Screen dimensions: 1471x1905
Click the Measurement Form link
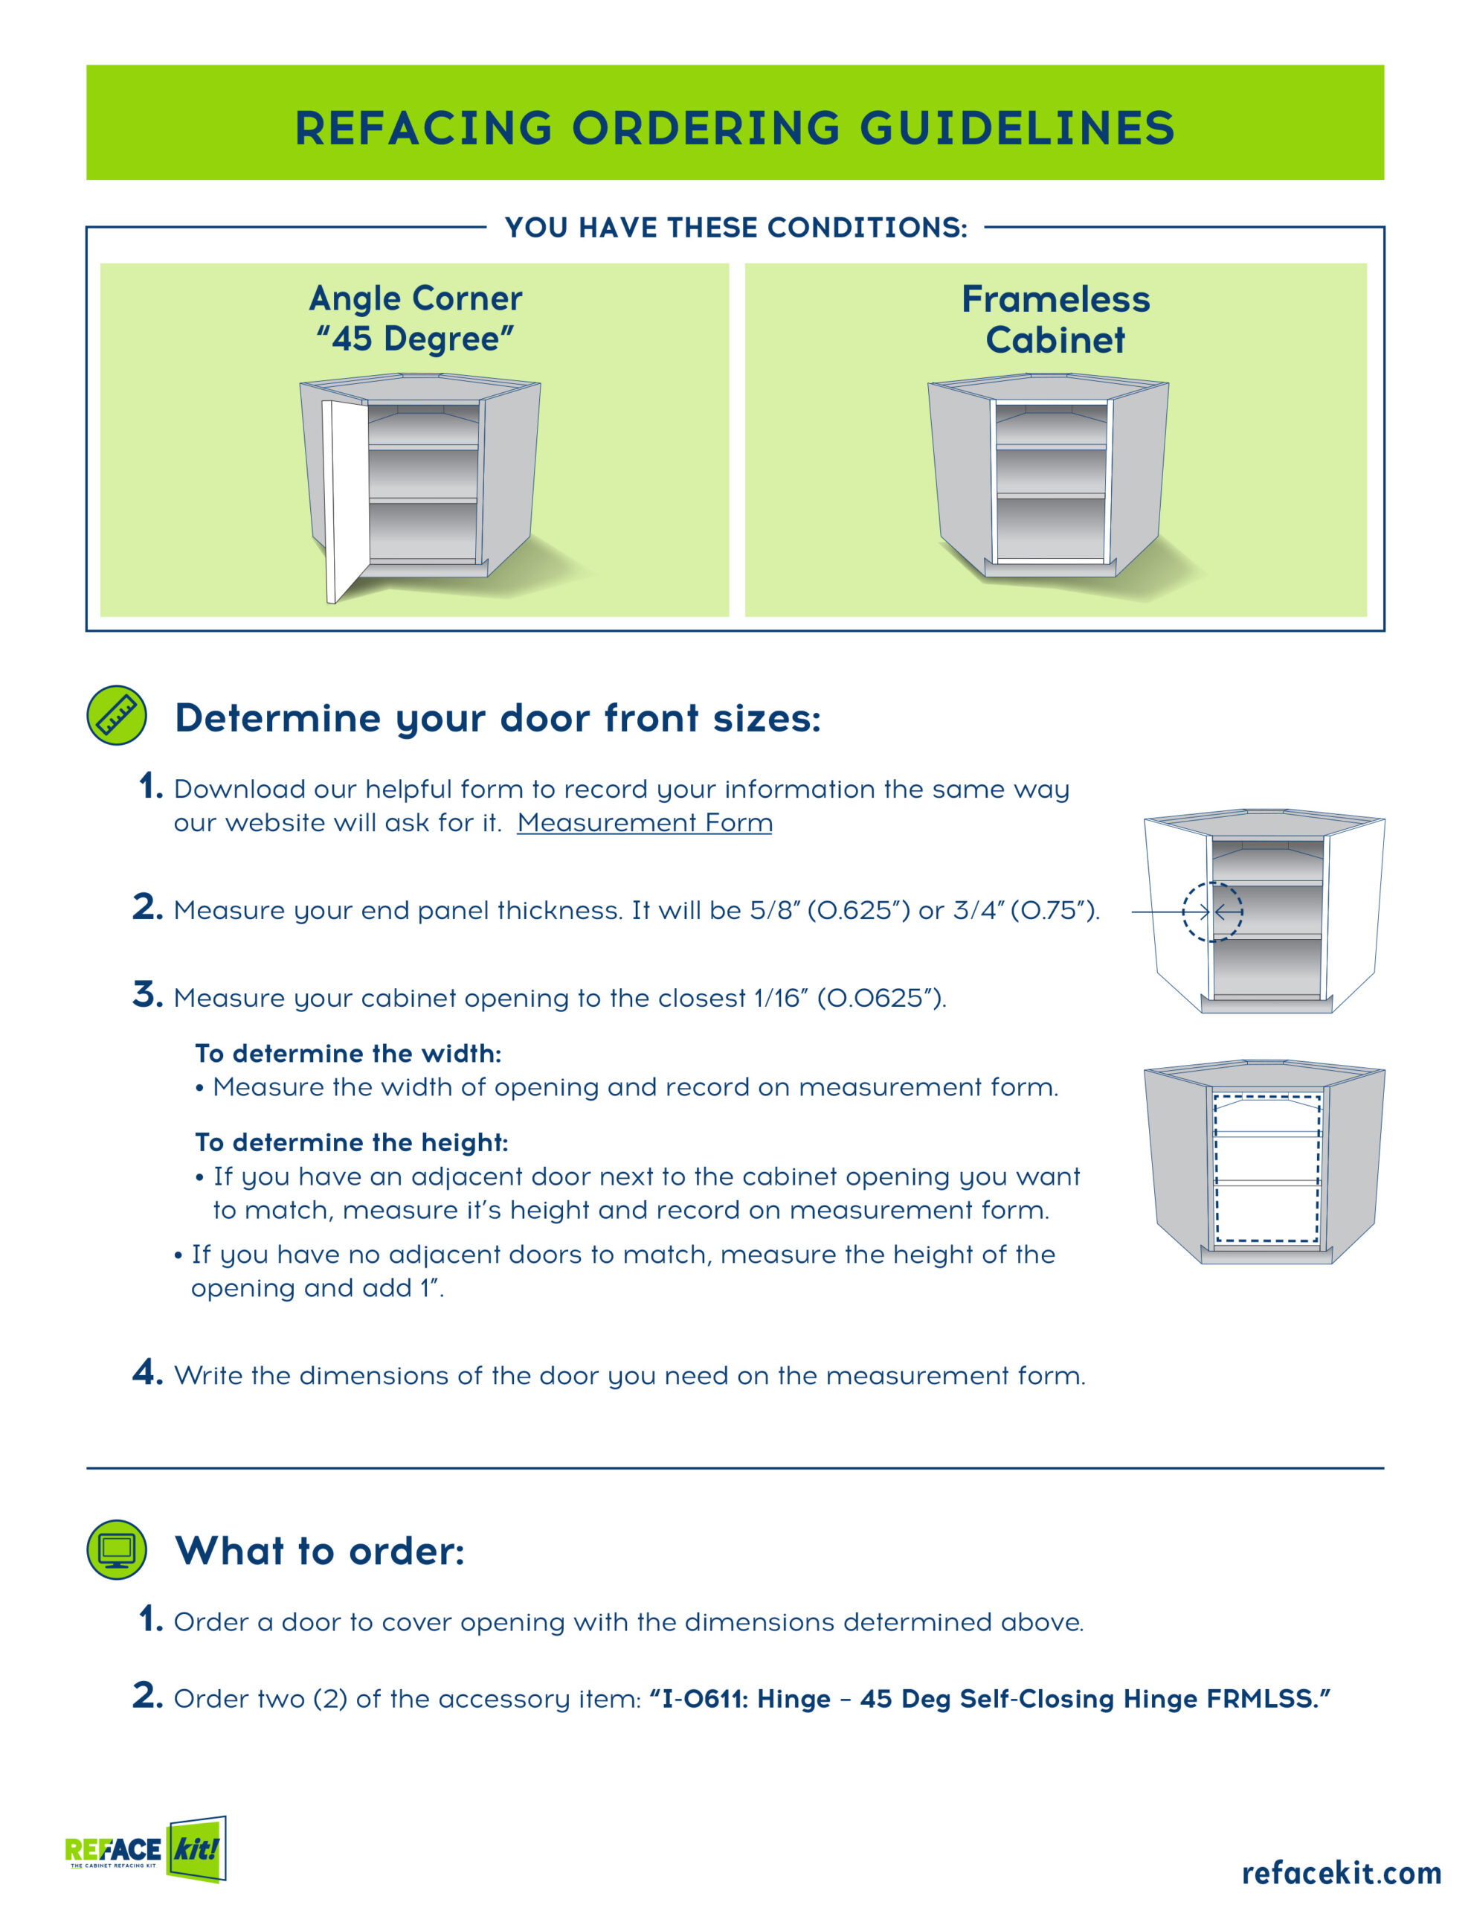click(644, 822)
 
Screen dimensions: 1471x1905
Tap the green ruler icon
click(117, 715)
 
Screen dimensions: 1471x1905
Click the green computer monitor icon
click(117, 1550)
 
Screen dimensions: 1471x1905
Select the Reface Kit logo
click(146, 1849)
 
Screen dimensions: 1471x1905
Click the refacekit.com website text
click(1341, 1872)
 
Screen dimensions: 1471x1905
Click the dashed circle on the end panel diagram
click(1212, 912)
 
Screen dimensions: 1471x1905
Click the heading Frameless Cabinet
click(1055, 319)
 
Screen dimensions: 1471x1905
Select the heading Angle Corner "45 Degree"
click(416, 318)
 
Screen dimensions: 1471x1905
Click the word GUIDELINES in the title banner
click(1017, 127)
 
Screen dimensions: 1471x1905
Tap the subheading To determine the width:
click(348, 1054)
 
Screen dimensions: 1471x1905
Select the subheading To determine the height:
click(352, 1143)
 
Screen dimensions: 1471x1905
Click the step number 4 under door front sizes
click(147, 1372)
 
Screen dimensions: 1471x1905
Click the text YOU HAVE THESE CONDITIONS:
click(736, 228)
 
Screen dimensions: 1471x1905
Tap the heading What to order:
click(320, 1551)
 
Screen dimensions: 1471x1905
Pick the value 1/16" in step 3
click(782, 997)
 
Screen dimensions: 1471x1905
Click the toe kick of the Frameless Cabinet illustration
click(1050, 569)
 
